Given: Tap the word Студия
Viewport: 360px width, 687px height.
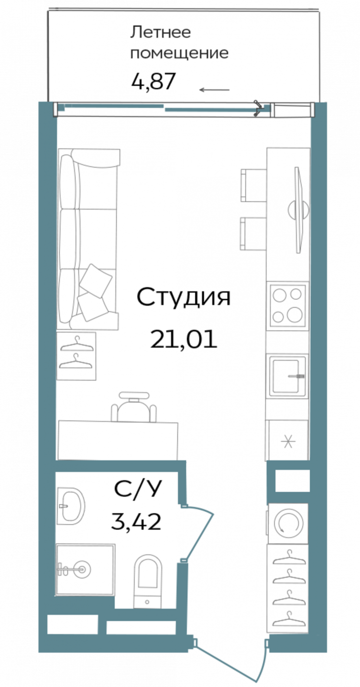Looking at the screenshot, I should (x=184, y=298).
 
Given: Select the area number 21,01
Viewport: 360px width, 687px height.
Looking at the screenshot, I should (x=184, y=340).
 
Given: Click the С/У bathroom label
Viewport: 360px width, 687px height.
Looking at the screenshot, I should (x=138, y=490).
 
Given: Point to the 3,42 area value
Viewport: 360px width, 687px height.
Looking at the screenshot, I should (x=137, y=522).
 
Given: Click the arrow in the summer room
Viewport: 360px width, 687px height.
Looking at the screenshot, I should (x=215, y=90).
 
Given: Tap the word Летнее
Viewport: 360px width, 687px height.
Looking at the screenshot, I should (x=160, y=33).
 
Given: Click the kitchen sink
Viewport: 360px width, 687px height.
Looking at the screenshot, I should (x=288, y=376).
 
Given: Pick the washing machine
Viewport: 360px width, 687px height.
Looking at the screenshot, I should (x=288, y=523).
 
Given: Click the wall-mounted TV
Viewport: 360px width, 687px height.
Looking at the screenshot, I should (x=297, y=208).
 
